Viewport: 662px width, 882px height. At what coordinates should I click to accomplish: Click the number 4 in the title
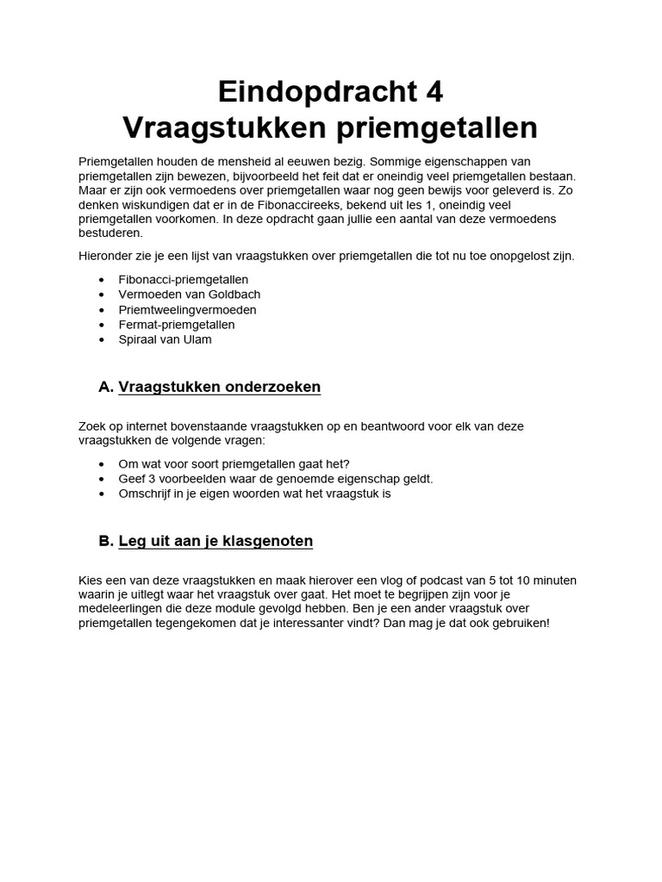click(x=433, y=90)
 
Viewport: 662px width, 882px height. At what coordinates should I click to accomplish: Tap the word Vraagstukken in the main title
click(x=220, y=127)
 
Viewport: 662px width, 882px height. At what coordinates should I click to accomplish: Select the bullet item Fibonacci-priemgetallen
click(x=184, y=279)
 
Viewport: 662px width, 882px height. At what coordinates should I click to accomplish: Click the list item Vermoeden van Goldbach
click(x=189, y=294)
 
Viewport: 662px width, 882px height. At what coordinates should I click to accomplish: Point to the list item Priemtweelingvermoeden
click(x=187, y=309)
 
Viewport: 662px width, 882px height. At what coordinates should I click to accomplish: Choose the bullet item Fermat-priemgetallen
click(x=176, y=324)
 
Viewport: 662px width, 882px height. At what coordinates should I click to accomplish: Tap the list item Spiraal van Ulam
click(x=165, y=339)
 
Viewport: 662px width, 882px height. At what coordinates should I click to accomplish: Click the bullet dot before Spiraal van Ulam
click(x=103, y=339)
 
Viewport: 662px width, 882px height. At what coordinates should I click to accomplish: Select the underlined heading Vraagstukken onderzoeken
click(x=219, y=387)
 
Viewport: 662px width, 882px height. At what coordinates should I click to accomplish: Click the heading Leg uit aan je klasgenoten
click(x=215, y=541)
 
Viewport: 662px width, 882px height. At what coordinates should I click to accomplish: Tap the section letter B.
click(x=105, y=541)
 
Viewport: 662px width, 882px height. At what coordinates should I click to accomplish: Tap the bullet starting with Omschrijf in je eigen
click(x=254, y=494)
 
